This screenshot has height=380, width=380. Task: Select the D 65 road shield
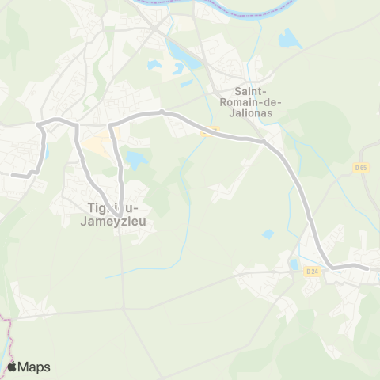pos(360,168)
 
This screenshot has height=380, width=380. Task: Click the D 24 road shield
pos(311,272)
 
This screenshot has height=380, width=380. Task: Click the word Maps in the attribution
pos(34,367)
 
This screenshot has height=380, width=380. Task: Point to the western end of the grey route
pos(12,176)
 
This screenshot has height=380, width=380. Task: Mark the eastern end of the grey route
pos(368,268)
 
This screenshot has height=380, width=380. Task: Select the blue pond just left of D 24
pos(294,264)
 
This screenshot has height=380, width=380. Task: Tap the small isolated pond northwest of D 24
pos(268,234)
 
